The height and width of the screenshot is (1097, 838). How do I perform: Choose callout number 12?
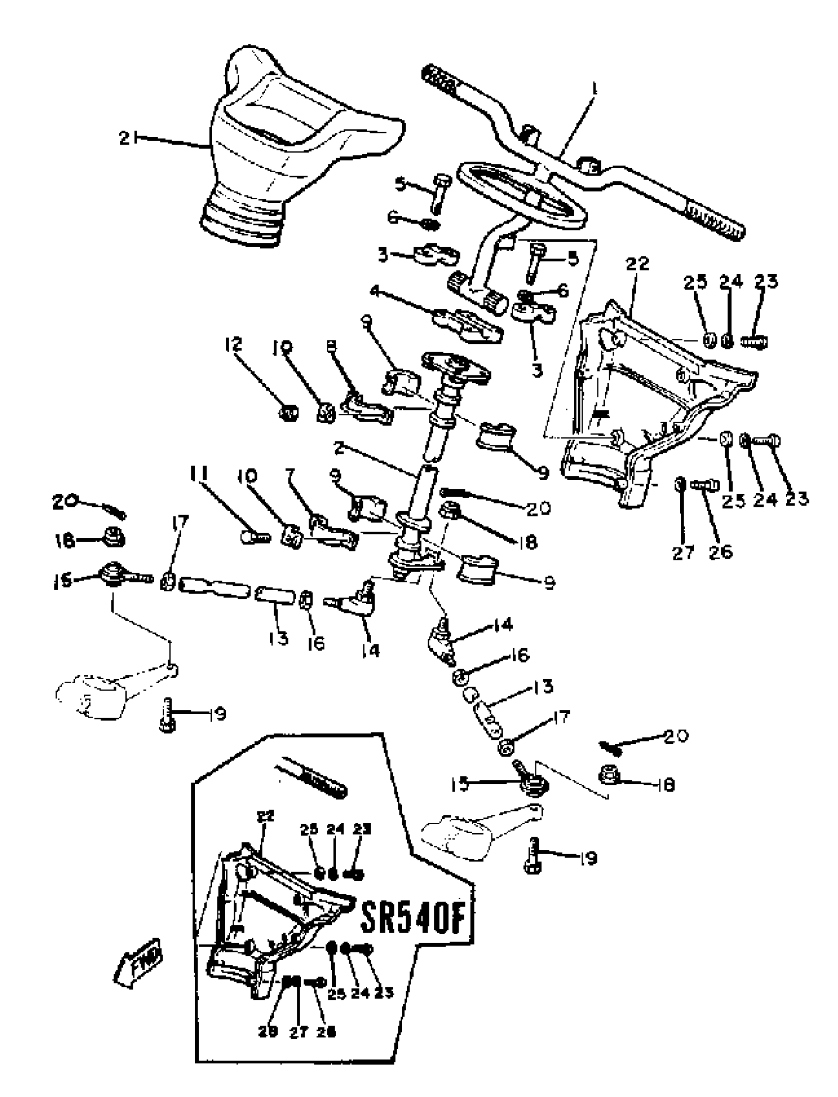coord(234,344)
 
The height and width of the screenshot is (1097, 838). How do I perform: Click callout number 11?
coord(199,473)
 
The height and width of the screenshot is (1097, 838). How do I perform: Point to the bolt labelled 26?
coord(705,484)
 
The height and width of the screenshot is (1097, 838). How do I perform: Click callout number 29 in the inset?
coord(267,1031)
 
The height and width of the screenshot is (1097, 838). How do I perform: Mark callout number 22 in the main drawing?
coord(637,263)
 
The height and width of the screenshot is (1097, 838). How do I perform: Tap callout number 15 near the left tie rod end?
coord(61,581)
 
